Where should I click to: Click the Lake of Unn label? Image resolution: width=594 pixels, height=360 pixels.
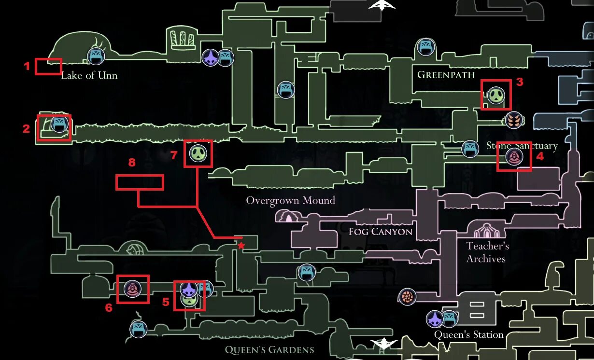(89, 75)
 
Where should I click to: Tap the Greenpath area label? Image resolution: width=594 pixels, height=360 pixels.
(446, 75)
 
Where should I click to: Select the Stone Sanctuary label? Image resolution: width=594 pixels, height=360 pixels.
(522, 146)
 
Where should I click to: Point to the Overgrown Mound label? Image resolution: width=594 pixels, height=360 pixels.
(290, 200)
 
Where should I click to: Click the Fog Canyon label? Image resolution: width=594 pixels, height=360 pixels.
(381, 232)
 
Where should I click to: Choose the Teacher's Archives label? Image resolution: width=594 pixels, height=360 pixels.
(487, 252)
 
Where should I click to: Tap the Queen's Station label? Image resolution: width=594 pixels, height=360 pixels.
(468, 334)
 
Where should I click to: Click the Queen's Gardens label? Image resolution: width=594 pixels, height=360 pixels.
(269, 350)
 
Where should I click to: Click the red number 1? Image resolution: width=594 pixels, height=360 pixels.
(28, 66)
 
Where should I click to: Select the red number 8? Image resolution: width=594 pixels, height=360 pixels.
(132, 163)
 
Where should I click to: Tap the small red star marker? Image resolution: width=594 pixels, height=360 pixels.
(241, 246)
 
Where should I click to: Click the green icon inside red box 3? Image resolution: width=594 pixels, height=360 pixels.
(496, 95)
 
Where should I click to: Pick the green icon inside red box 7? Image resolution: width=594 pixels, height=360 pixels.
(198, 153)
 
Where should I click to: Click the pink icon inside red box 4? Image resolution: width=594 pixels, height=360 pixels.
(514, 157)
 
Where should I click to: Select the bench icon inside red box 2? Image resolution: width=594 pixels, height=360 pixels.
(59, 124)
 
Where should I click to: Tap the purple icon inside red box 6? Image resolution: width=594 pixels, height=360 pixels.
(132, 289)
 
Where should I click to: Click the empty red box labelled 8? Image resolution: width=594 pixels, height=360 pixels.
(140, 182)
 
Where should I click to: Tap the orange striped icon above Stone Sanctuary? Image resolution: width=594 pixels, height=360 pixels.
(514, 120)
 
